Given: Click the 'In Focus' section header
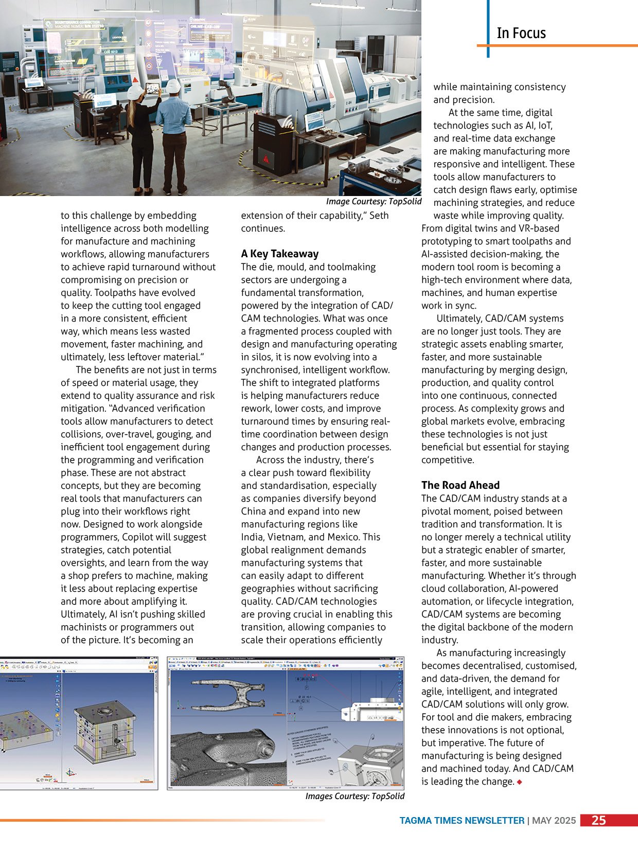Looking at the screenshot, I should tap(521, 33).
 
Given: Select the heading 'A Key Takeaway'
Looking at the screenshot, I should tap(279, 254).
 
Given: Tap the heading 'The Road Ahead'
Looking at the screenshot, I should tap(460, 485).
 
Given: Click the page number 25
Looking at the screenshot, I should tap(598, 820).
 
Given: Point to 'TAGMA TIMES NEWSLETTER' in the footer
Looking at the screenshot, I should tap(462, 821).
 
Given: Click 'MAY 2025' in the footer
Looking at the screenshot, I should tap(554, 821).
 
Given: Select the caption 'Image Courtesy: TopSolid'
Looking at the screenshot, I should tap(374, 202).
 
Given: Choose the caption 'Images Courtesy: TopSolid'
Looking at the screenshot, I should tap(355, 796).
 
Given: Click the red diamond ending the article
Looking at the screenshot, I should tap(520, 782).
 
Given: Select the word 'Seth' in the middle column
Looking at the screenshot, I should tap(379, 216).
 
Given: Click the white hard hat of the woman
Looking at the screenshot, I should tap(135, 92).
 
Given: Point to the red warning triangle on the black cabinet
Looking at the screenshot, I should tap(266, 158).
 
